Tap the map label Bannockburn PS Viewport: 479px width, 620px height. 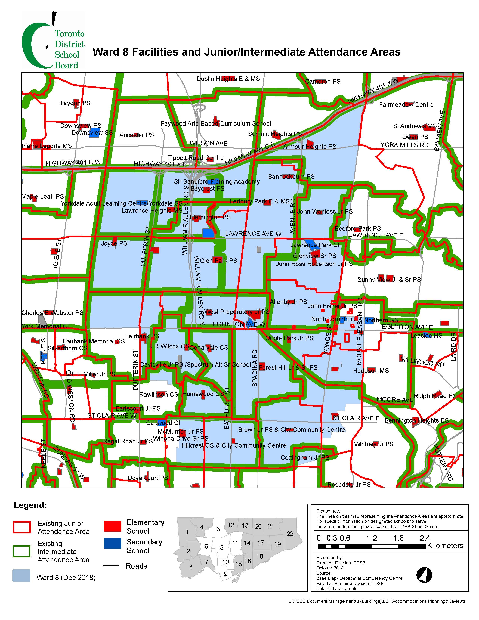(291, 177)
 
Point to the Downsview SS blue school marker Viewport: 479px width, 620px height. (94, 133)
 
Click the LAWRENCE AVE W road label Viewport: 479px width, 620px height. (253, 234)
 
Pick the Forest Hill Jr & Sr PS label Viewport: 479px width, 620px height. (288, 368)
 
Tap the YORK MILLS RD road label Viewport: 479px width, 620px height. (404, 145)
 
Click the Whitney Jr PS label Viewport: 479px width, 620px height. (374, 444)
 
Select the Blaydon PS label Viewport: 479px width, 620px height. (74, 103)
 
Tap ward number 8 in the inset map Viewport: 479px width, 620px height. (222, 547)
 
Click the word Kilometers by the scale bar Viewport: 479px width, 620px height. (445, 546)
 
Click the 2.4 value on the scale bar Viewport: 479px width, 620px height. (425, 538)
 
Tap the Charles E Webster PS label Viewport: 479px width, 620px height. (52, 313)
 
